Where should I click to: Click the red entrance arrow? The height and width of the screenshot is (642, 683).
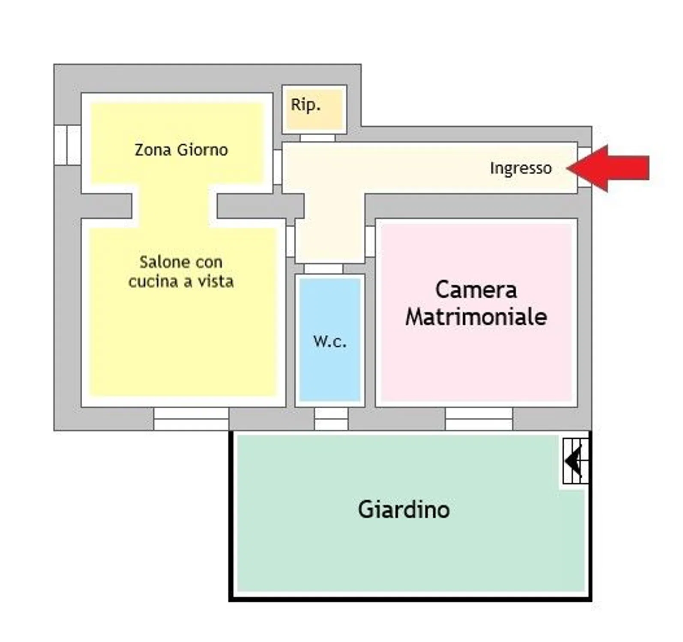point(608,168)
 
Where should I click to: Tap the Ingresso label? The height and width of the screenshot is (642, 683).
point(521,168)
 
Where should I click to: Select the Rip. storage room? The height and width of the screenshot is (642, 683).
point(315,109)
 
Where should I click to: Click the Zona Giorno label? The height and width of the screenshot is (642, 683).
point(181,150)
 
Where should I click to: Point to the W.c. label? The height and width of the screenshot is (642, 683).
point(330,341)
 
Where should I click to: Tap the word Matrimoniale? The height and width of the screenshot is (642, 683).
point(476,317)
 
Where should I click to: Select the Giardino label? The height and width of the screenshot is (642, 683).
point(404,510)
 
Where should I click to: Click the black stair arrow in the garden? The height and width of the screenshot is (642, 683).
point(573,461)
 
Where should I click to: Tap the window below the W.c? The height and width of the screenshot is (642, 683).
point(331,419)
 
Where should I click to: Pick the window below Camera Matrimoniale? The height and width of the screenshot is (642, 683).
point(479,419)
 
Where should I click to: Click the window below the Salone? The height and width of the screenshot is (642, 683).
point(191,419)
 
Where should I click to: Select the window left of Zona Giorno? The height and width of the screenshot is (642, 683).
point(67,145)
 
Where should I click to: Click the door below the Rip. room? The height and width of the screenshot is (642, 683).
point(317,138)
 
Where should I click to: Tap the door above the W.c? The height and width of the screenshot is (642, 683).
point(324,269)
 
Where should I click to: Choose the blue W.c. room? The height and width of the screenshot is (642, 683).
point(330,340)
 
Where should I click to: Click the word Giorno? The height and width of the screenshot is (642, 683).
point(202,150)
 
